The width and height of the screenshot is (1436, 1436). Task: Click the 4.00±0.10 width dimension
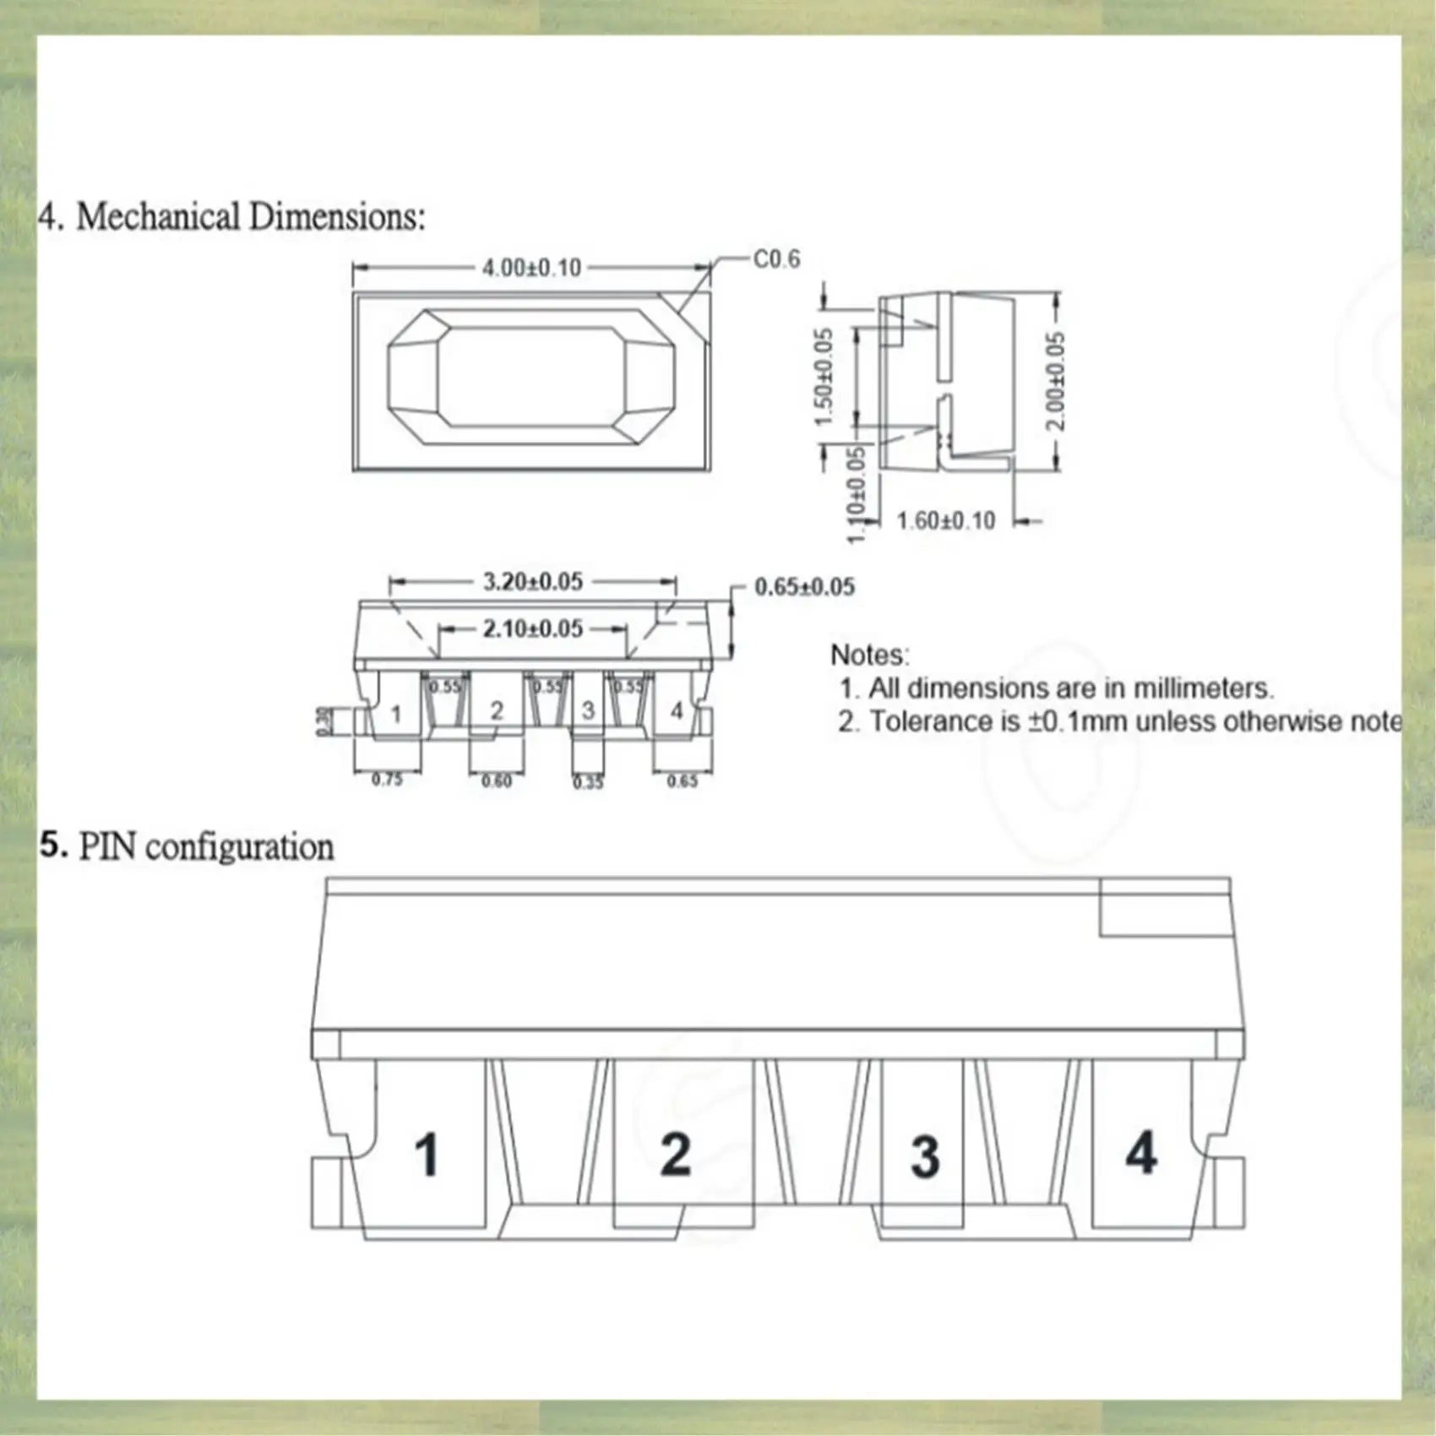point(531,268)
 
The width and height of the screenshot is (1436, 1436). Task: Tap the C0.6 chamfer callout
point(775,259)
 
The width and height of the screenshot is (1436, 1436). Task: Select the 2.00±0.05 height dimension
point(1056,380)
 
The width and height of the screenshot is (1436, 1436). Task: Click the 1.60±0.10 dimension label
point(945,520)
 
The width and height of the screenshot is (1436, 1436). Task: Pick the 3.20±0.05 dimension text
point(532,582)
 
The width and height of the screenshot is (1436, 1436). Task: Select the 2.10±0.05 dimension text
point(532,628)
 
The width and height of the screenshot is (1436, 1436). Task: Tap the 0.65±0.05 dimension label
point(803,587)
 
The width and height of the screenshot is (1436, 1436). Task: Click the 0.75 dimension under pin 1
point(387,780)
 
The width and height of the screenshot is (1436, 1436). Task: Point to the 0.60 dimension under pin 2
point(496,781)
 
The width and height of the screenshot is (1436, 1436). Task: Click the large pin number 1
point(427,1155)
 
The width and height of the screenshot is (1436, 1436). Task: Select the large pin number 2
point(675,1155)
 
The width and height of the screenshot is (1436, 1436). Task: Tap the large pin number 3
point(925,1156)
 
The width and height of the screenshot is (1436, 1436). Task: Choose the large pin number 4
point(1141,1153)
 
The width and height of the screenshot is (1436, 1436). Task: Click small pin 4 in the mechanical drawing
point(677,711)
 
